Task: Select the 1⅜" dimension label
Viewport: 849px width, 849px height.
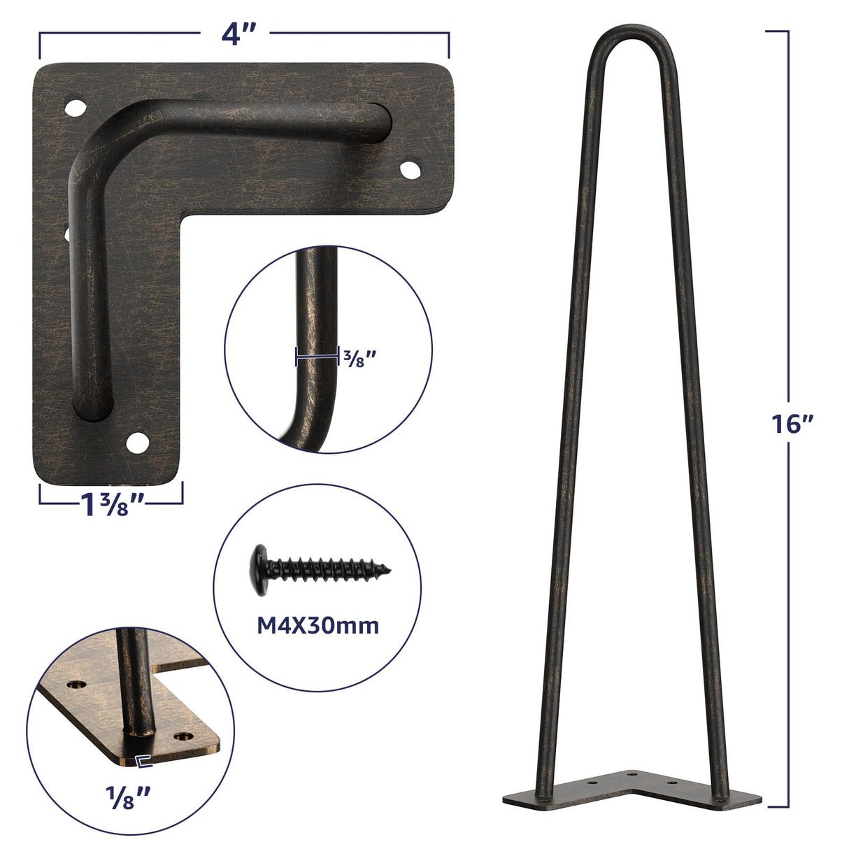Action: point(111,505)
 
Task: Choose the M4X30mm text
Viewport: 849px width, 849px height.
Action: point(318,625)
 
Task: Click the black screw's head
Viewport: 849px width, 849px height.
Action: point(259,569)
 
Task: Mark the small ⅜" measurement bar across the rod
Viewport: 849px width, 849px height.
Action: point(317,357)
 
